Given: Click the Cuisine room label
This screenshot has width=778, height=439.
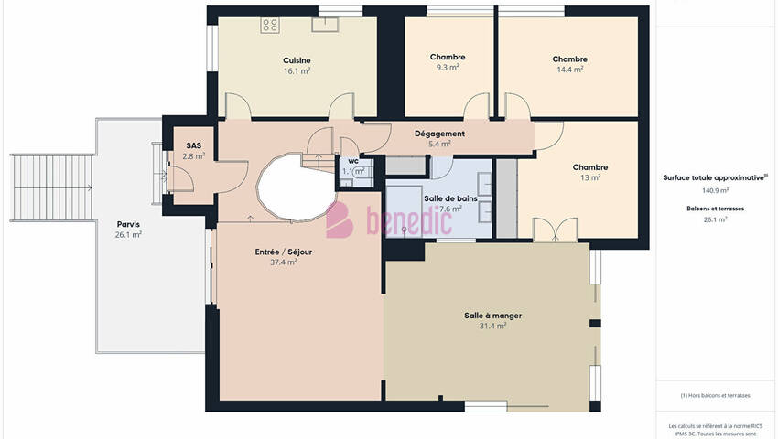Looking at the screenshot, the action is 297,60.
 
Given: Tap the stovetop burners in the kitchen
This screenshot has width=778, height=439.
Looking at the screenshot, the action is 270,26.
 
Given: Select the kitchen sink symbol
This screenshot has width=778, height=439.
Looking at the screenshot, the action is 325,25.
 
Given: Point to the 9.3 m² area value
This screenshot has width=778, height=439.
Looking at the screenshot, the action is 448,67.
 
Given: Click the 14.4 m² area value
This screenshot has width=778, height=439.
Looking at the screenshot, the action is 569,70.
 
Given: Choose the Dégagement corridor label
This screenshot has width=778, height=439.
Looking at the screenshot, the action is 439,134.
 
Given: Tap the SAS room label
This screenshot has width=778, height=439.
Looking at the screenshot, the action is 193,145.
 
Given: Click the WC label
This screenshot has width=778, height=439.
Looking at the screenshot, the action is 353,161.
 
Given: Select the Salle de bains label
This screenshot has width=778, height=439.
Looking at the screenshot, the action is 450,198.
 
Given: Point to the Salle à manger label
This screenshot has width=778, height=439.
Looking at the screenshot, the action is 492,316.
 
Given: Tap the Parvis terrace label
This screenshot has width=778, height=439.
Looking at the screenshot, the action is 128,224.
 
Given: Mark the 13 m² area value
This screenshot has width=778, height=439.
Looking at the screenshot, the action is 590,177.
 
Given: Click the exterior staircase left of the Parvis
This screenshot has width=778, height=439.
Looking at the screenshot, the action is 51,187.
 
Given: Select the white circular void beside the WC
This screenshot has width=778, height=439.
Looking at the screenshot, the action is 297,187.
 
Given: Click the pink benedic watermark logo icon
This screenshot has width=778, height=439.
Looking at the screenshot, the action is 339,219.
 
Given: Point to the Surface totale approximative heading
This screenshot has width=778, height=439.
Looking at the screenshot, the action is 714,177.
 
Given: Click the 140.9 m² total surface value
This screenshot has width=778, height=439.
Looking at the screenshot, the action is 715,190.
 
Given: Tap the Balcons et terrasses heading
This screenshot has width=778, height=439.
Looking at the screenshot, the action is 715,209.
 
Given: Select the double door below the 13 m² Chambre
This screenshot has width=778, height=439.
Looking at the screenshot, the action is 556,230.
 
